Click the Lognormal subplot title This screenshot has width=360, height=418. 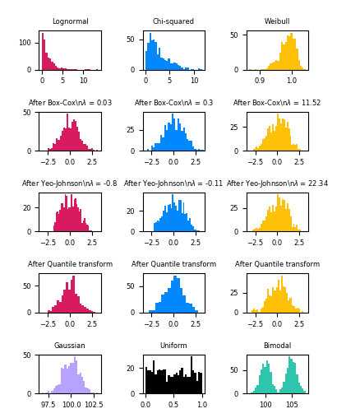pos(70,21)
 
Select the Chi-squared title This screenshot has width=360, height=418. pos(173,21)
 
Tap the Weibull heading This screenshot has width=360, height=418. pos(277,21)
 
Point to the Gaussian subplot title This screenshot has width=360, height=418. pos(70,346)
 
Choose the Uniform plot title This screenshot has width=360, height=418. pos(173,346)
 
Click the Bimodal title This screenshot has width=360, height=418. pos(277,346)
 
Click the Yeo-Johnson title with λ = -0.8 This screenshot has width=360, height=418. pos(70,183)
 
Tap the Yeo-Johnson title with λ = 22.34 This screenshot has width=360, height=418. pos(277,183)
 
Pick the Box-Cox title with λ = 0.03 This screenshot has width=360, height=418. pos(70,103)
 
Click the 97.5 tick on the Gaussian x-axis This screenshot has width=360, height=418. pos(48,406)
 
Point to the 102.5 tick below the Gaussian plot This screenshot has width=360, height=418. pos(93,406)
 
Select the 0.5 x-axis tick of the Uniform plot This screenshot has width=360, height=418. pos(173,406)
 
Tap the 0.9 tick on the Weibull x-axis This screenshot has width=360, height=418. pos(260,81)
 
